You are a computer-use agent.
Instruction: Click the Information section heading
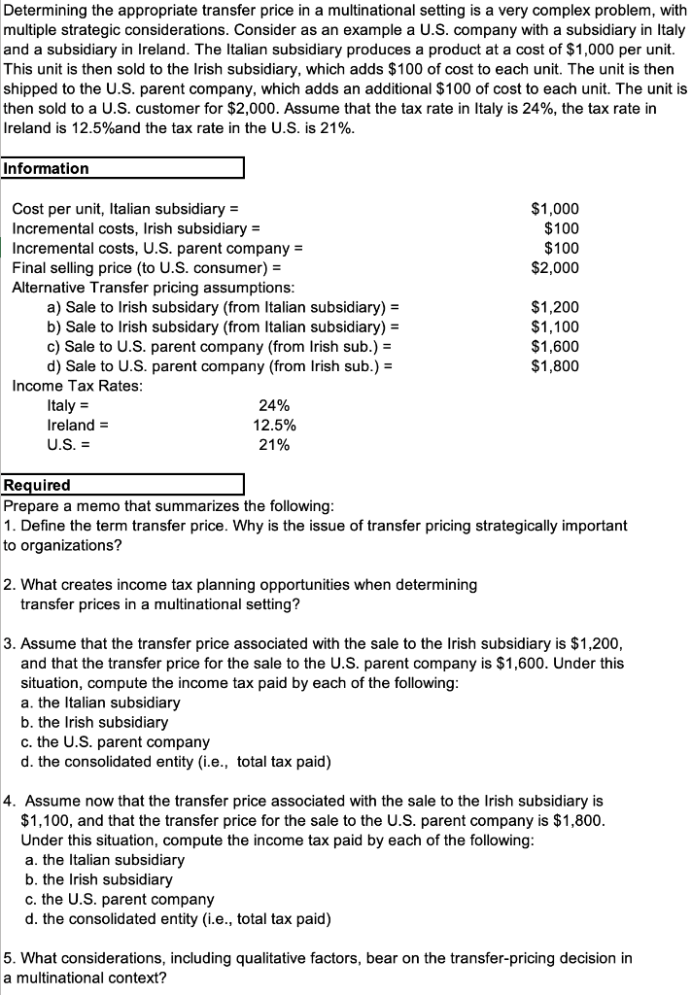(47, 168)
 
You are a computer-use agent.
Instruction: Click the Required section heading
(38, 485)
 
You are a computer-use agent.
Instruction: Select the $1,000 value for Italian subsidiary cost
(555, 208)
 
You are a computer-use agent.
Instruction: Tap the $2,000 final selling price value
(555, 267)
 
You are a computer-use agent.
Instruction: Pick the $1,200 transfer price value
(555, 307)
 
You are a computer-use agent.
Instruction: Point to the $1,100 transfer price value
(555, 326)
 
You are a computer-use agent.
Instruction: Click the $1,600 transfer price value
(555, 346)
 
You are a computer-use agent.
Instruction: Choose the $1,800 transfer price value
(555, 366)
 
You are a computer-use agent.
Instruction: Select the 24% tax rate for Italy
(274, 406)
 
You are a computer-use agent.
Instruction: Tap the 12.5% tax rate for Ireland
(274, 426)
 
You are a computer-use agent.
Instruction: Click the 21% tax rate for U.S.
(274, 445)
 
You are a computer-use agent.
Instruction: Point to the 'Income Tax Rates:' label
(77, 386)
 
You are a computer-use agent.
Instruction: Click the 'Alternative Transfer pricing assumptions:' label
(154, 288)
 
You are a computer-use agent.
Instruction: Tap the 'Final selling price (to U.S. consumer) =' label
(147, 267)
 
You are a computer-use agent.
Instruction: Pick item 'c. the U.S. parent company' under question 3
(115, 742)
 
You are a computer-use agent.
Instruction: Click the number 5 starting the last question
(9, 958)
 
